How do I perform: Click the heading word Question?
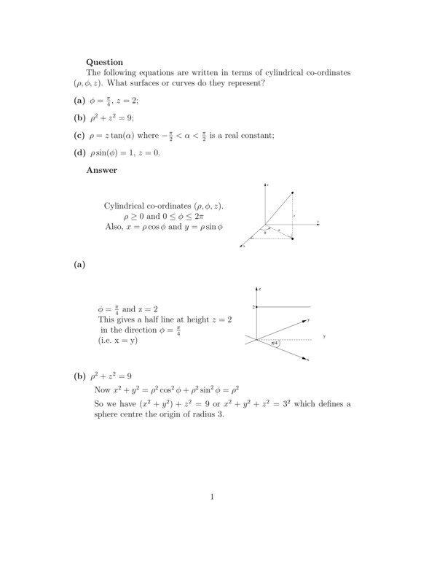pyautogui.click(x=105, y=62)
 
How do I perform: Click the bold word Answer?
pyautogui.click(x=102, y=170)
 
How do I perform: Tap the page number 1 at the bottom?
pyautogui.click(x=212, y=497)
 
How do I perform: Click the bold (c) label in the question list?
pyautogui.click(x=80, y=135)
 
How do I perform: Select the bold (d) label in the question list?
pyautogui.click(x=80, y=152)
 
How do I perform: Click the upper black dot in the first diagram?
pyautogui.click(x=293, y=193)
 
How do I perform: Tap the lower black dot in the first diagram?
pyautogui.click(x=293, y=239)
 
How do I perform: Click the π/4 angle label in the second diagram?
pyautogui.click(x=275, y=343)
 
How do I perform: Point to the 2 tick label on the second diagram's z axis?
pyautogui.click(x=253, y=307)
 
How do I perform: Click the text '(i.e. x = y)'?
pyautogui.click(x=117, y=340)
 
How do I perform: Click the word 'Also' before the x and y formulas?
pyautogui.click(x=114, y=227)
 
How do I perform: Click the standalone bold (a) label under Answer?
pyautogui.click(x=80, y=265)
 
